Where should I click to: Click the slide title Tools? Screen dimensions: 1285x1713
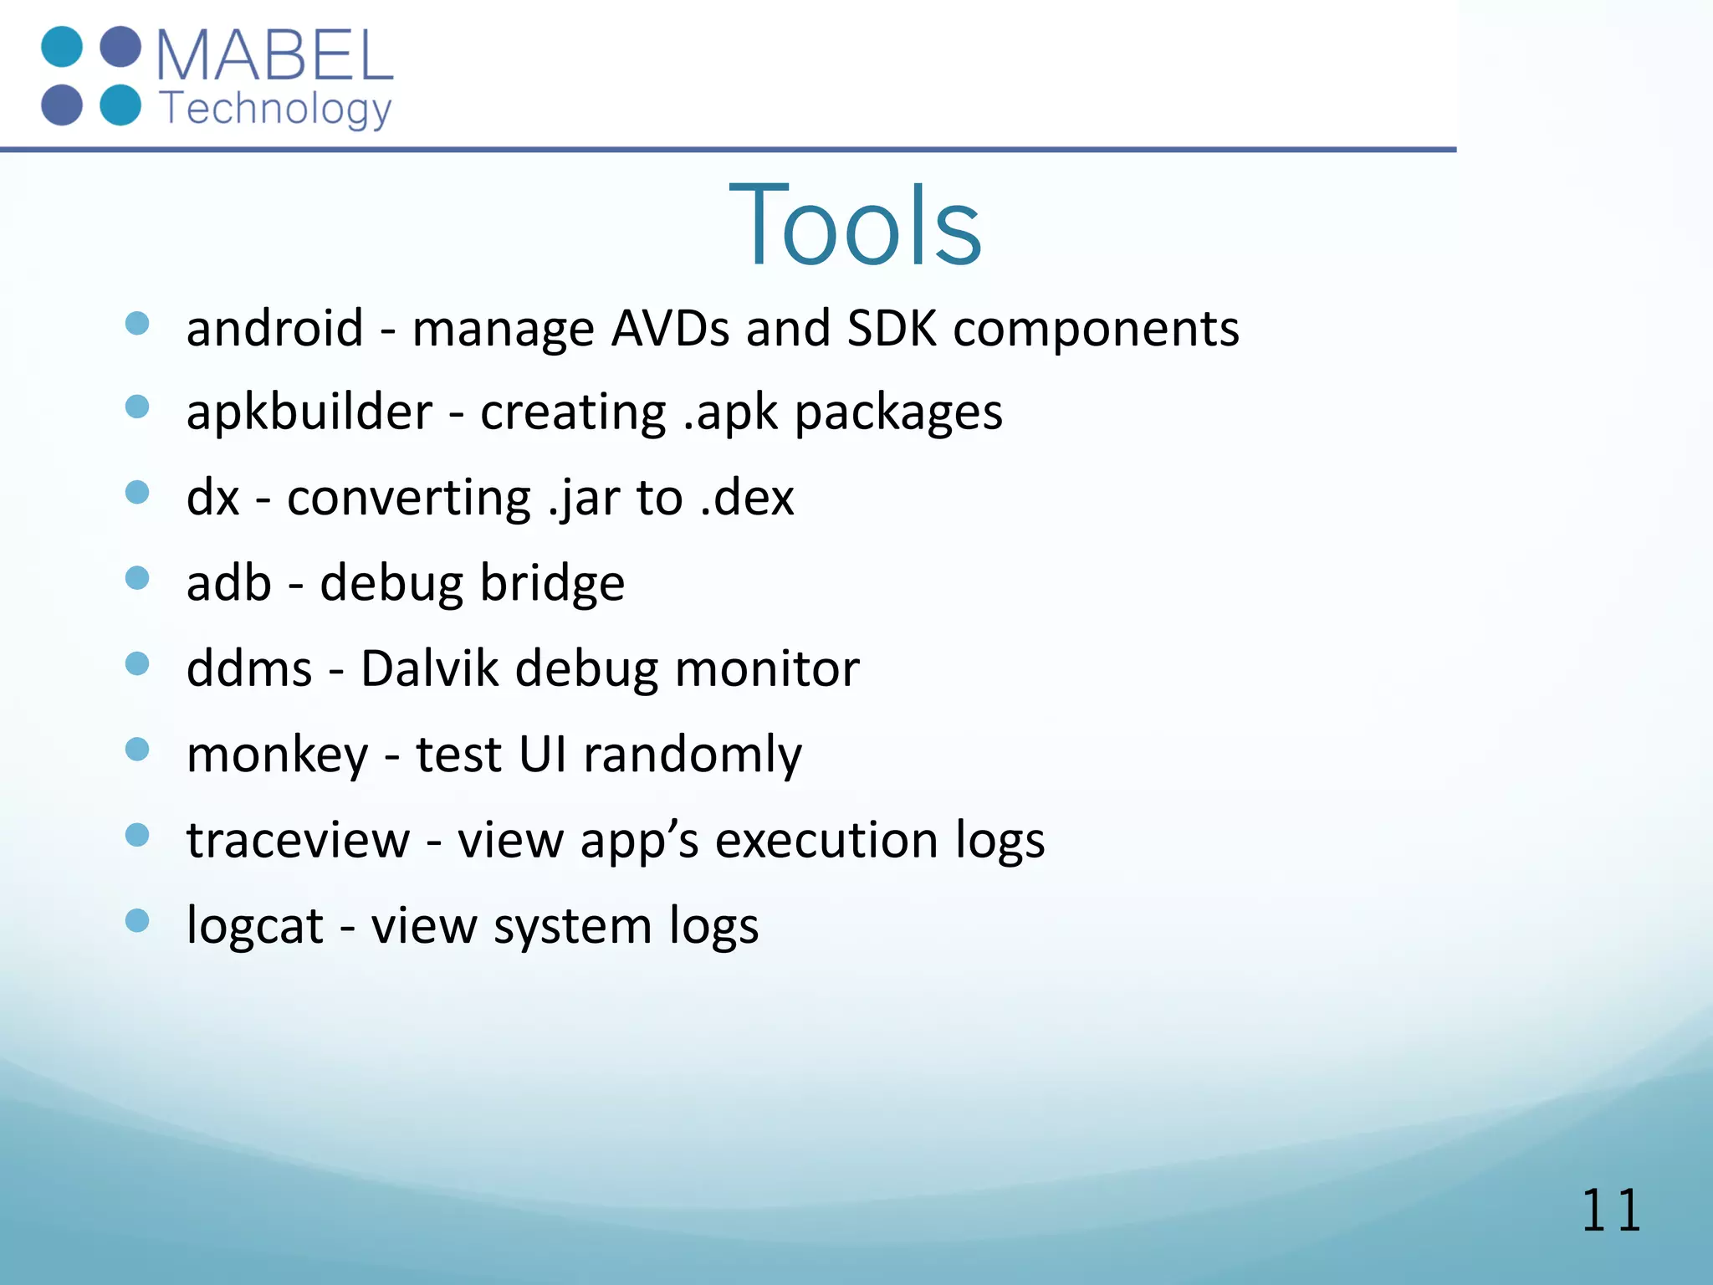point(855,226)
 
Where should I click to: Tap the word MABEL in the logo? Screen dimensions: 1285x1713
point(274,55)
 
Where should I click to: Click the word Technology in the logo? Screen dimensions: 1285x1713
point(275,110)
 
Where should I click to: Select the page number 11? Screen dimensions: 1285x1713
point(1610,1211)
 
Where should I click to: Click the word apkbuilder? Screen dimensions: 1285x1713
point(309,412)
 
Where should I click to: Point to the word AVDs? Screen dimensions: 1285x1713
point(670,327)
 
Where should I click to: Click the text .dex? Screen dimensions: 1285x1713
point(746,498)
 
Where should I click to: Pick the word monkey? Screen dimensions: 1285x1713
point(277,755)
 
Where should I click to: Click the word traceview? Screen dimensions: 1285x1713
point(298,840)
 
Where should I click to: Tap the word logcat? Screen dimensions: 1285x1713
point(254,927)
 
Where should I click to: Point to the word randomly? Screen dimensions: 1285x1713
point(692,755)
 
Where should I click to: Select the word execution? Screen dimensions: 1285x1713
point(826,840)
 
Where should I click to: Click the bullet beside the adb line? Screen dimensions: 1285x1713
point(137,578)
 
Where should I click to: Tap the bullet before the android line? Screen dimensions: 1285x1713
point(137,323)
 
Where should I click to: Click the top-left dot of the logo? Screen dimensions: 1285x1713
point(62,47)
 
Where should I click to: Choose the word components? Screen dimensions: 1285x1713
point(1096,329)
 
